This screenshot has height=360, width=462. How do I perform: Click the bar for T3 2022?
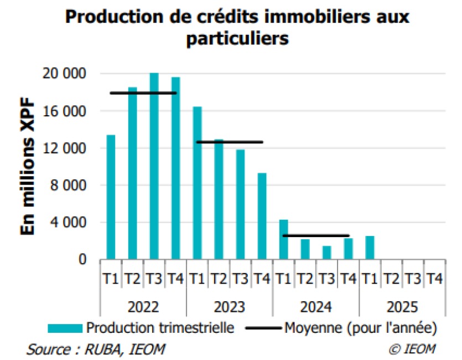(x=154, y=166)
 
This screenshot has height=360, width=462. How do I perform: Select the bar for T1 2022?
(x=111, y=197)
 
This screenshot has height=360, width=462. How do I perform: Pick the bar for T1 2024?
(x=283, y=239)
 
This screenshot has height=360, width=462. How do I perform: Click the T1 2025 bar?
(x=370, y=248)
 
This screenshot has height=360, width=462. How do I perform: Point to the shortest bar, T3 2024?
(x=326, y=253)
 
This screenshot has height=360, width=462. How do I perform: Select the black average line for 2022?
(x=143, y=93)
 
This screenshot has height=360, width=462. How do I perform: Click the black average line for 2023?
(x=229, y=142)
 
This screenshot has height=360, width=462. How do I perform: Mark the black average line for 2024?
(x=315, y=236)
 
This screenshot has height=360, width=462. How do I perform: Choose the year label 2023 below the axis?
(x=230, y=306)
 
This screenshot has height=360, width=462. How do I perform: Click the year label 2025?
(x=402, y=306)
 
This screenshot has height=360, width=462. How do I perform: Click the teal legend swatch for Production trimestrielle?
(x=65, y=328)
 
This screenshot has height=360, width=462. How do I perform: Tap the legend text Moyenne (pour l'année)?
(x=361, y=328)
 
